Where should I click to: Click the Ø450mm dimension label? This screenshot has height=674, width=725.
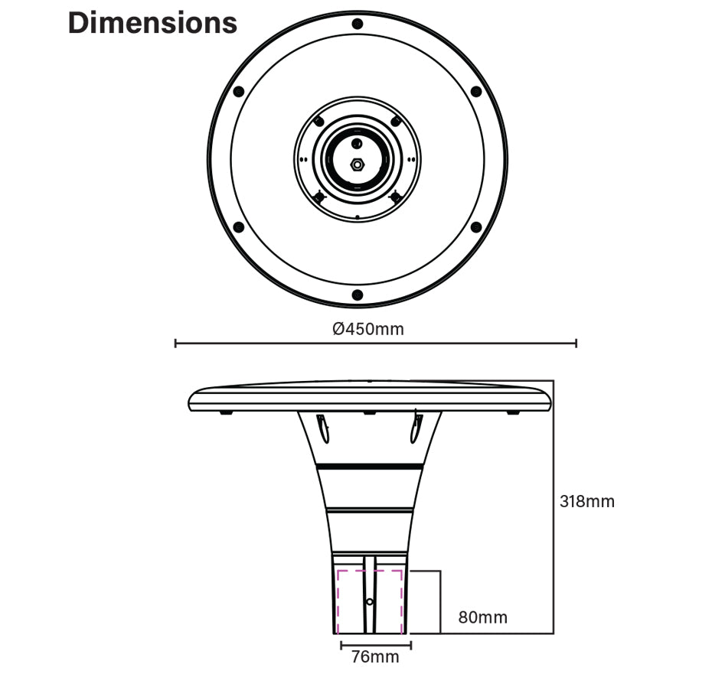click(367, 329)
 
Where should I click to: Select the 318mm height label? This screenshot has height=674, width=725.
click(587, 502)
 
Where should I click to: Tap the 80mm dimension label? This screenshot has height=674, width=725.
click(482, 617)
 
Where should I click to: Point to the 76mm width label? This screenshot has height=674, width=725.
click(375, 656)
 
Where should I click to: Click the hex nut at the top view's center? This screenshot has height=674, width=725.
click(357, 163)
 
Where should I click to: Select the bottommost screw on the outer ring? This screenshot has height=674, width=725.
click(357, 295)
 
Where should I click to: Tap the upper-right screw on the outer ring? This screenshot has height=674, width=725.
click(475, 92)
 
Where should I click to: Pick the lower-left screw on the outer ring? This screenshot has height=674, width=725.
click(238, 227)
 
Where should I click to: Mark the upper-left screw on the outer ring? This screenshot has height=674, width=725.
click(238, 92)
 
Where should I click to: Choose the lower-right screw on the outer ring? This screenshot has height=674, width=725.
click(475, 227)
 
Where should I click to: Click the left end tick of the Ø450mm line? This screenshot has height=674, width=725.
click(176, 344)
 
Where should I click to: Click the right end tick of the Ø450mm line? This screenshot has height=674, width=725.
click(576, 344)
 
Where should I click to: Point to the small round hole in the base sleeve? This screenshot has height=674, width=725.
click(369, 602)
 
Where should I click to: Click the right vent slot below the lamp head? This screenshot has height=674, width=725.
click(417, 428)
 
